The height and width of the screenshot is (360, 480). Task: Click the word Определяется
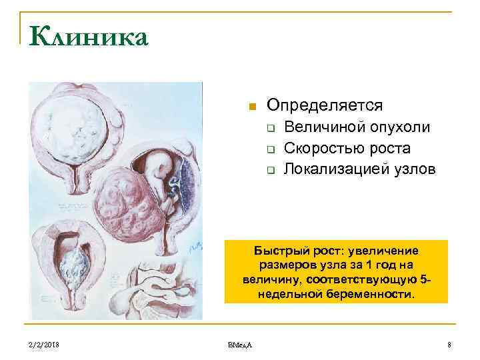(x=325, y=105)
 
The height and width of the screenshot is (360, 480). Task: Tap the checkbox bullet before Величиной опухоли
(x=271, y=128)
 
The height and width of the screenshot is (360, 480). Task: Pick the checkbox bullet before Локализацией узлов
(x=271, y=170)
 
